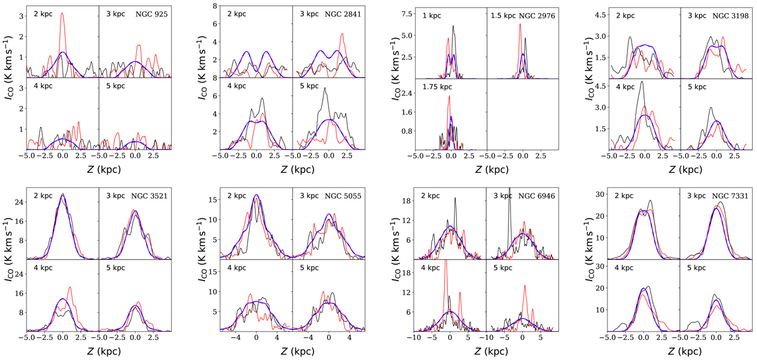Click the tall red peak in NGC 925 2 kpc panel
(x=62, y=14)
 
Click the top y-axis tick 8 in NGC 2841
(x=215, y=6)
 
